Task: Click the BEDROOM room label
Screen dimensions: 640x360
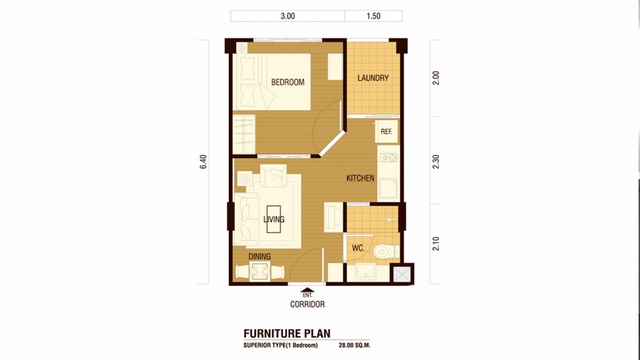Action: click(288, 82)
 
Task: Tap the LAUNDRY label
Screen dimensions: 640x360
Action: click(373, 78)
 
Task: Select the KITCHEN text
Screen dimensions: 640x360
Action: click(360, 178)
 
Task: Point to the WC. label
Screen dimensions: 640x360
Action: click(358, 248)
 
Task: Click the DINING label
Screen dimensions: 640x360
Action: click(260, 256)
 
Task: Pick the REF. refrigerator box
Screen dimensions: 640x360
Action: click(387, 131)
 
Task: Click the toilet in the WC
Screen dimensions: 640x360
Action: click(386, 251)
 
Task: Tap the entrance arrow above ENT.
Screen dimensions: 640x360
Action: click(307, 290)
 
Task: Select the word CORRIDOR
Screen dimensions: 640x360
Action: click(307, 304)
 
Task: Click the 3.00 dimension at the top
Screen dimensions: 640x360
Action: click(288, 16)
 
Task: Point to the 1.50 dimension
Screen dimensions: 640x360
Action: click(373, 16)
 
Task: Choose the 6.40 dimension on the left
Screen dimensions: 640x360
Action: click(203, 162)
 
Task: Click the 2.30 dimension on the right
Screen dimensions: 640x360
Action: click(436, 162)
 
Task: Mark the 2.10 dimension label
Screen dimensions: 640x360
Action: click(436, 244)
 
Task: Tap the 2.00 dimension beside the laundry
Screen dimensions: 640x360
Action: click(436, 78)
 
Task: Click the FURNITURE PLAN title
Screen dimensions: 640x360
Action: click(287, 333)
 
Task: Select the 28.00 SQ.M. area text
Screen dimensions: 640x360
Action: click(355, 345)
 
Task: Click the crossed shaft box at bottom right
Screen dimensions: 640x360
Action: click(402, 274)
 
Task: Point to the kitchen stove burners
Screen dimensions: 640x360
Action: click(389, 157)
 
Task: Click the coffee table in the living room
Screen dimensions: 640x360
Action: click(273, 219)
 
